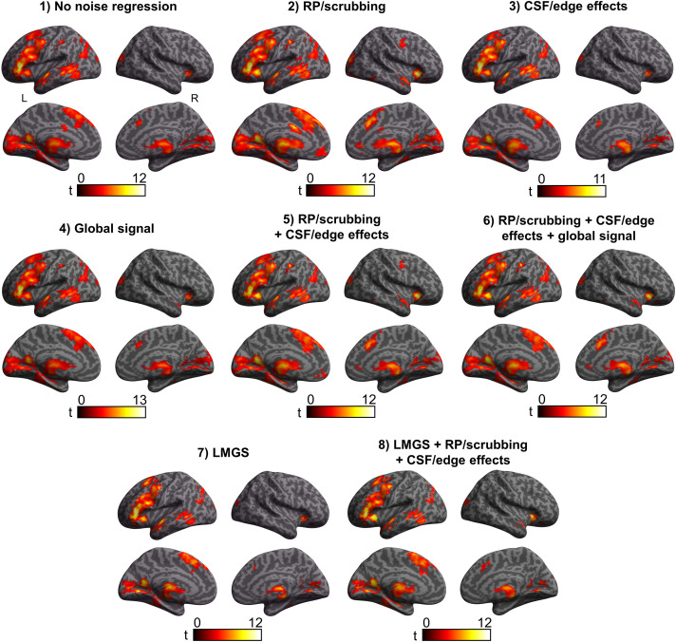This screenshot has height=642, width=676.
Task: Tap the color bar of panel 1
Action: [111, 189]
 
